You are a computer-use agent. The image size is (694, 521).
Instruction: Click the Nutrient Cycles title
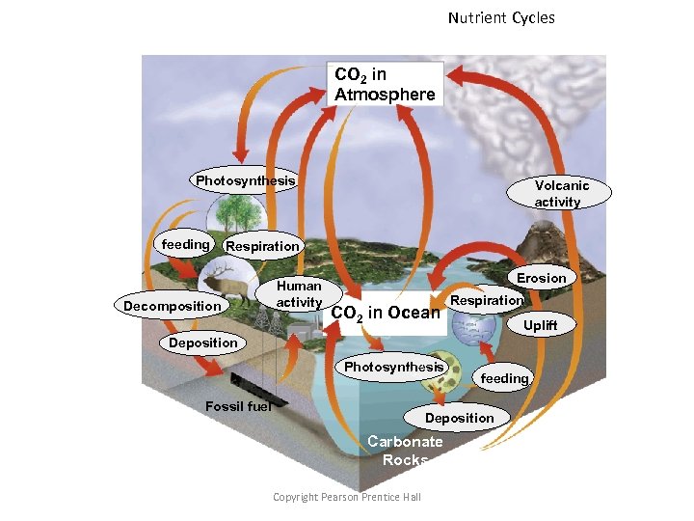coord(501,17)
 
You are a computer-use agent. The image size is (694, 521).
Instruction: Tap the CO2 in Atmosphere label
coord(385,84)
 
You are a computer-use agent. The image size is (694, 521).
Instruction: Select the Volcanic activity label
coord(562,193)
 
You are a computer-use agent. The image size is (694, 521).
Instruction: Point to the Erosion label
coord(542,278)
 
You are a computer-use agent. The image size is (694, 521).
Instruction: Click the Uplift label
coord(540,325)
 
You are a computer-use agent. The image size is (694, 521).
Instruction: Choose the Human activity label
coord(299,294)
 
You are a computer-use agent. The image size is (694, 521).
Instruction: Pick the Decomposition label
coord(172,306)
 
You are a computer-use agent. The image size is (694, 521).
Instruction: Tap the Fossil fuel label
coord(238,406)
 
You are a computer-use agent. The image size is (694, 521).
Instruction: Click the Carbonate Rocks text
coord(406,451)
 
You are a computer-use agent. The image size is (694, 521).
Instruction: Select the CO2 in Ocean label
coord(385,314)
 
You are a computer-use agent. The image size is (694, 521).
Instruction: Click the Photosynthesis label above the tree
coord(245,180)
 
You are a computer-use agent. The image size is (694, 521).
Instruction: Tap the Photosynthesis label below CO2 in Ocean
coord(393,367)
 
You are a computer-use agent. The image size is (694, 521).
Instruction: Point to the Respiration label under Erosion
coord(487,300)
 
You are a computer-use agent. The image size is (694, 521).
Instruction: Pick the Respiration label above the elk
coord(262,246)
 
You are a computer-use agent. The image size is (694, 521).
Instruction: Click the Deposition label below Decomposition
coord(202,343)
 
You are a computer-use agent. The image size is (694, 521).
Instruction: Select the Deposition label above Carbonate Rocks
coord(459,418)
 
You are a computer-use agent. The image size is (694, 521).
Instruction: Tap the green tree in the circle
coord(231,212)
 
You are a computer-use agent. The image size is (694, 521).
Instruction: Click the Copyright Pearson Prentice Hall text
coord(347,496)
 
